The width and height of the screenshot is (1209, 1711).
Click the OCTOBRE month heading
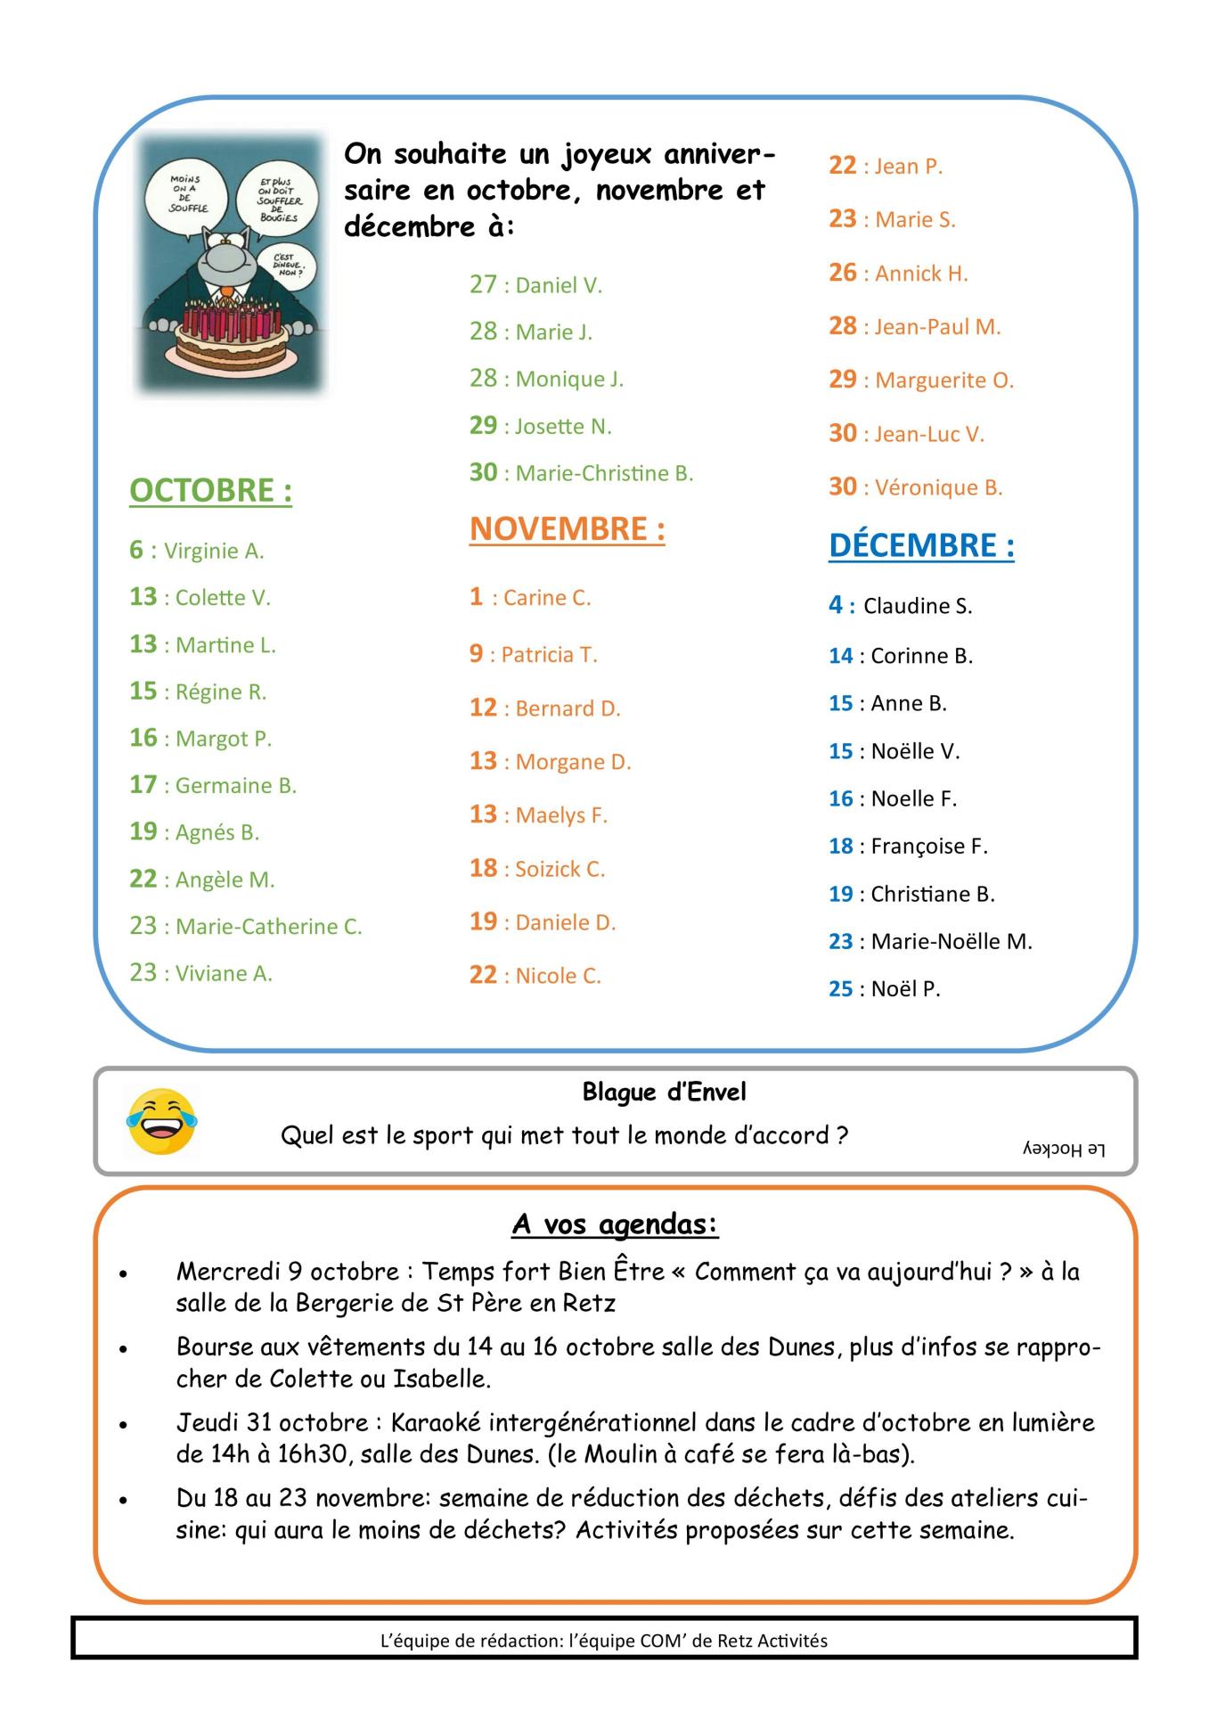[x=210, y=491]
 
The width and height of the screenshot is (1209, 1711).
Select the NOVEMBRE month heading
[x=567, y=529]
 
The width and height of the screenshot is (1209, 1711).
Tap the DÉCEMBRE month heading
[x=921, y=545]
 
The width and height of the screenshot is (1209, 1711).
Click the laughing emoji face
[x=161, y=1121]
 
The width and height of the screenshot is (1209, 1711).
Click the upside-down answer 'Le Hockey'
[x=1063, y=1150]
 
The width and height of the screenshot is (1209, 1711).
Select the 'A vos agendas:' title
[x=615, y=1224]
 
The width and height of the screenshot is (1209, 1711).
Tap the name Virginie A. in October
[x=214, y=551]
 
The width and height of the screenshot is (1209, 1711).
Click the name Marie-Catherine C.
[x=268, y=927]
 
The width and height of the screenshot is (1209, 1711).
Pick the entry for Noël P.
[x=905, y=989]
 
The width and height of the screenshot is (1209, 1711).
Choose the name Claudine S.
[x=918, y=606]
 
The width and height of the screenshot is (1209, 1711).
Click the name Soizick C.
[x=560, y=869]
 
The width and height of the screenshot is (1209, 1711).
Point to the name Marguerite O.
[x=944, y=381]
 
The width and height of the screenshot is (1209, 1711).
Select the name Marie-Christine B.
[x=604, y=473]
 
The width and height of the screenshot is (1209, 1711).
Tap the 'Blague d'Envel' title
[x=664, y=1092]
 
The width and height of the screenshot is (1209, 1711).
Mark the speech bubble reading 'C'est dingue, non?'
[x=283, y=263]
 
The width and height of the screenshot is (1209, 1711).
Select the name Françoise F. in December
[x=928, y=847]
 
